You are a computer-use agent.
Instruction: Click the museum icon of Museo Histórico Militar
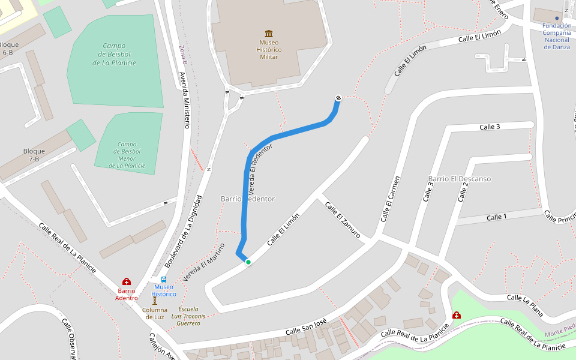coord(269,33)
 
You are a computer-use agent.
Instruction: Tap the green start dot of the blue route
coord(248,262)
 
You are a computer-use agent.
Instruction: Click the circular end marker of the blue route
coord(338,98)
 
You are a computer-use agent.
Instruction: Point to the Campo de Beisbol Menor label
coord(127,155)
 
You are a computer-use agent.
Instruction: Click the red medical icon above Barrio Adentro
coord(127,281)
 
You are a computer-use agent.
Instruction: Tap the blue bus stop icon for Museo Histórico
coord(164,280)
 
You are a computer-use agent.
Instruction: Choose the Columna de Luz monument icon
coord(154,300)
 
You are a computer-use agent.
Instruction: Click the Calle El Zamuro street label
coord(342,220)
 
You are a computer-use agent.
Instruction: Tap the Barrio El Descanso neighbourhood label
coord(460,179)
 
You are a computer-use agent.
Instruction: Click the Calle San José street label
coord(305,327)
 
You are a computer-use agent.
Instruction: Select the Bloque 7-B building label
coord(31,155)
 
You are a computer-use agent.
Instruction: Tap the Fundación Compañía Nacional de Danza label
coord(556,36)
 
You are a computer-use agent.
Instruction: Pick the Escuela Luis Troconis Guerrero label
coord(188,316)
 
